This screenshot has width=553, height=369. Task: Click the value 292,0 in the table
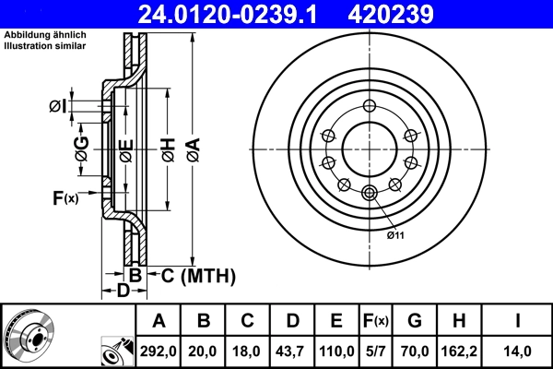pos(159,351)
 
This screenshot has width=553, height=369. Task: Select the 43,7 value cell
pos(292,351)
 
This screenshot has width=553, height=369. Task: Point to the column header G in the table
pos(415,321)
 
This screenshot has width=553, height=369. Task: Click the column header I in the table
pos(517,321)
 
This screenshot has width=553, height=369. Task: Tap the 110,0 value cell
pos(336,351)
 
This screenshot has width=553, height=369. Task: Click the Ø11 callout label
pos(396,236)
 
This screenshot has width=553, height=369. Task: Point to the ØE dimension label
pos(125,147)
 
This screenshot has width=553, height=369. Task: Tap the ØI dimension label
pos(58,107)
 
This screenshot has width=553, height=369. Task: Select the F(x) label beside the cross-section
pos(65,196)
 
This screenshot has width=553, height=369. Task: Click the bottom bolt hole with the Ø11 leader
pos(370,192)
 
